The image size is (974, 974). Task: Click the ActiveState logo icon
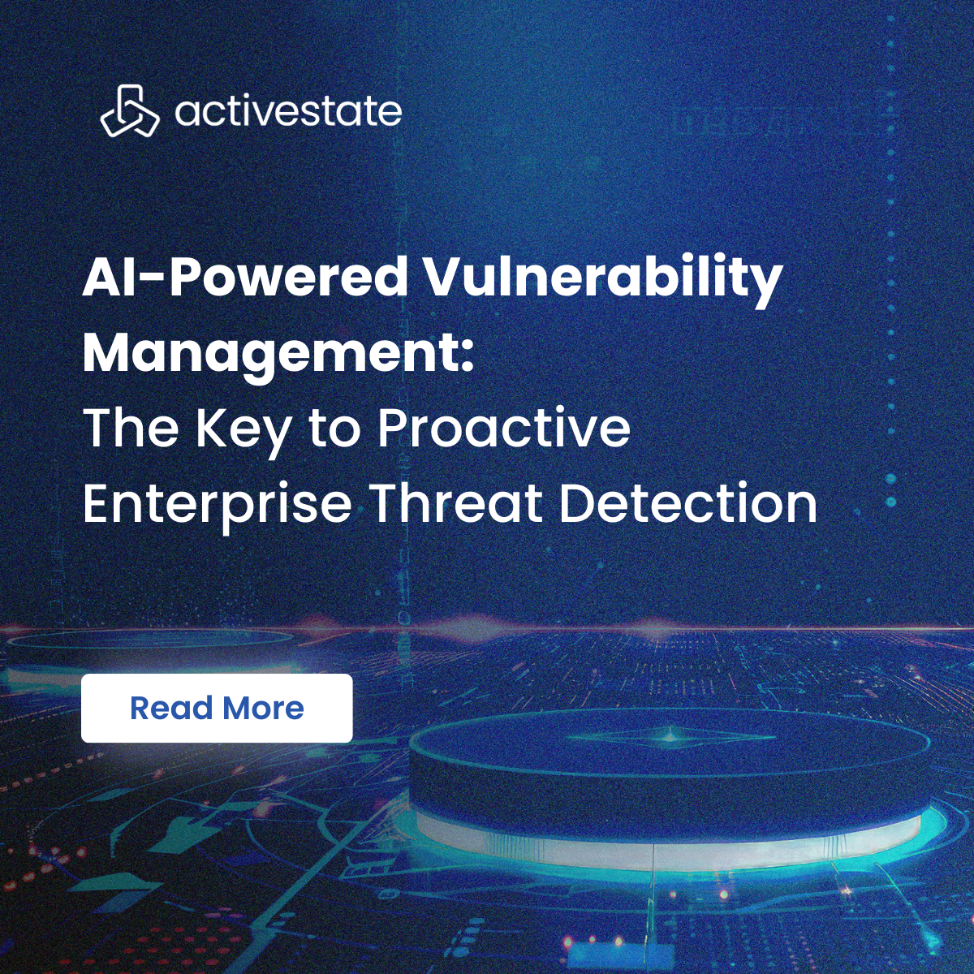pyautogui.click(x=129, y=111)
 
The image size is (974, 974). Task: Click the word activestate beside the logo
pyautogui.click(x=288, y=112)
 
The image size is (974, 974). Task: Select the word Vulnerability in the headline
pyautogui.click(x=602, y=278)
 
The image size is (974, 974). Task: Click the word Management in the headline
pyautogui.click(x=268, y=353)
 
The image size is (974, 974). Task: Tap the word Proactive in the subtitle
pyautogui.click(x=504, y=427)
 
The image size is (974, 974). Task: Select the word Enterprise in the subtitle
pyautogui.click(x=217, y=505)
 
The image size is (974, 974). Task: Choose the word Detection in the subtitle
pyautogui.click(x=688, y=503)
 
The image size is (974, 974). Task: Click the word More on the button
pyautogui.click(x=263, y=709)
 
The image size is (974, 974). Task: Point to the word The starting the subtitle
pyautogui.click(x=131, y=428)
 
